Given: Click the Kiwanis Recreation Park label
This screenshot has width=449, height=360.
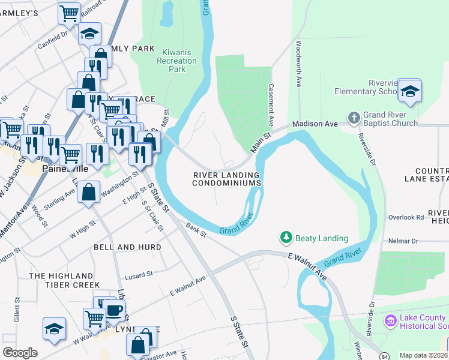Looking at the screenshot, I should pos(177,61).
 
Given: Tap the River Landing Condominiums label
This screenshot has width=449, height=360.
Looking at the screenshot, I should pos(226,179).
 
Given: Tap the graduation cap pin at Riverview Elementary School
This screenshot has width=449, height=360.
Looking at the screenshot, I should pos(409,91).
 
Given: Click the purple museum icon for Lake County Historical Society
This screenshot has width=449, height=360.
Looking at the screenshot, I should pos(391,321).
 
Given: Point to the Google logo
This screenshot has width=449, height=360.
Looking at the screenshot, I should pos(20,353).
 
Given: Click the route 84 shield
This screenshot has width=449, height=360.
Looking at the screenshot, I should pos(383,356).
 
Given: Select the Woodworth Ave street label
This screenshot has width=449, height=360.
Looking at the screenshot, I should pos(298,64).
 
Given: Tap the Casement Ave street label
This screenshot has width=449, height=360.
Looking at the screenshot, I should pos(271,104).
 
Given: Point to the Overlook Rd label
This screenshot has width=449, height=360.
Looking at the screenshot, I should pos(405,218).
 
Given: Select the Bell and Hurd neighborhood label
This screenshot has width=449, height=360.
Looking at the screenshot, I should pos(127,247).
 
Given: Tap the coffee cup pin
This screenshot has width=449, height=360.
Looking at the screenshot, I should pos(114,311).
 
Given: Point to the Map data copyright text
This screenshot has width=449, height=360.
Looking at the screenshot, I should pos(423,355).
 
